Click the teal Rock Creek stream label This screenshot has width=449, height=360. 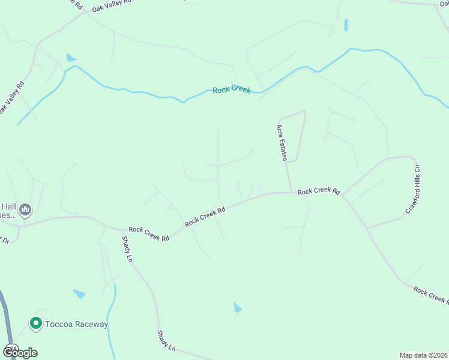click(231, 89)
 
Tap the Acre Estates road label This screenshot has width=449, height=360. click(282, 143)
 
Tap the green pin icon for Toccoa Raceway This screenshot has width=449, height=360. click(35, 324)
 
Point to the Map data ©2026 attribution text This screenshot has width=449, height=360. click(423, 355)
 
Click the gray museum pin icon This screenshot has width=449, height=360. click(25, 209)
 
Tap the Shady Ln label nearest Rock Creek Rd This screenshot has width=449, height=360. click(127, 248)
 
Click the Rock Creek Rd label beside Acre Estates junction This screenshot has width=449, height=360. click(319, 191)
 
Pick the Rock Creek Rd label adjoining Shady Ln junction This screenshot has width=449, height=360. click(149, 233)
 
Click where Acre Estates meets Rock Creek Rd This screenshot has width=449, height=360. click(292, 193)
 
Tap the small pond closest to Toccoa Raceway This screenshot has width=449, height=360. click(79, 294)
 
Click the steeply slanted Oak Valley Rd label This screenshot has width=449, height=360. click(11, 97)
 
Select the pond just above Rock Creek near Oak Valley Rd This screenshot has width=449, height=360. click(71, 58)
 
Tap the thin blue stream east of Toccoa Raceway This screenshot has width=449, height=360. click(110, 318)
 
